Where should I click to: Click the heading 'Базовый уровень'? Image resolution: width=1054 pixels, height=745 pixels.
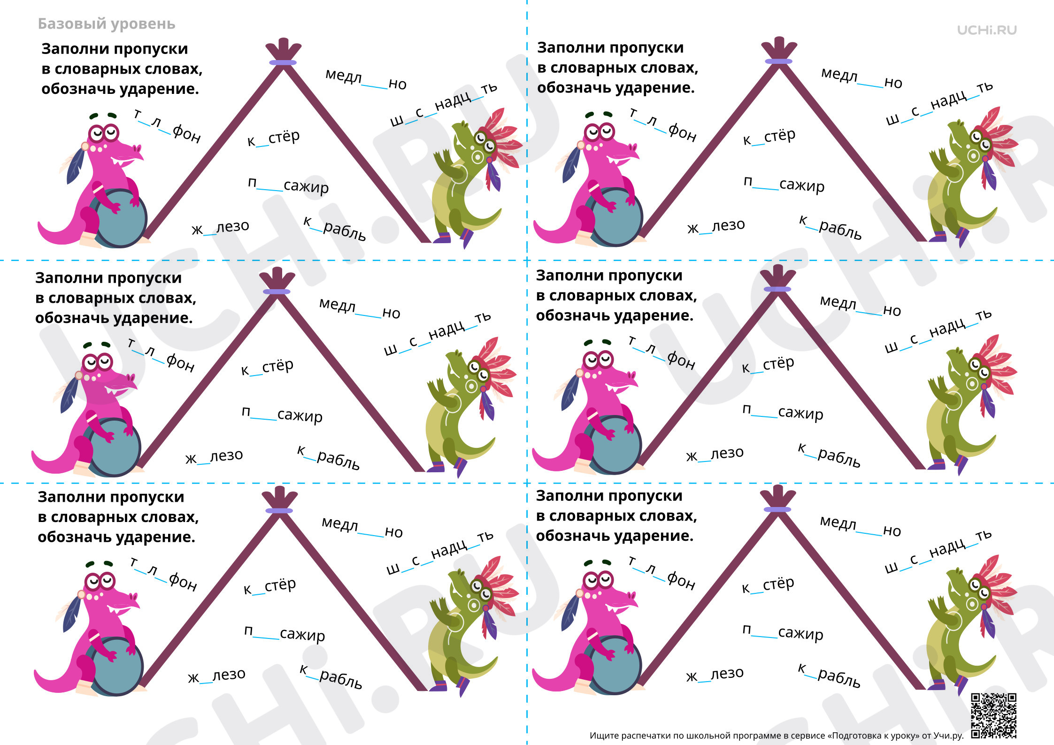click(x=107, y=24)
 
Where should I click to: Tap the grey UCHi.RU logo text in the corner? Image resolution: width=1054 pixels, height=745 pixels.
click(x=987, y=30)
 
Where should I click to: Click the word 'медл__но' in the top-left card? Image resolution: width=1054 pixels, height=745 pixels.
click(x=366, y=79)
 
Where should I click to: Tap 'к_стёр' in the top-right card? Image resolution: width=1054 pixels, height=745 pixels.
click(x=769, y=137)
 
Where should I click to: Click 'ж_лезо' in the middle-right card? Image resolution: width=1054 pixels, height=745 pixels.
click(x=715, y=454)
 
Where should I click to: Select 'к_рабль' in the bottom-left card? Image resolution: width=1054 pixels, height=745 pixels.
click(x=331, y=676)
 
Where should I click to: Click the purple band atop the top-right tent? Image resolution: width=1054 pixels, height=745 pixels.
click(x=778, y=61)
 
